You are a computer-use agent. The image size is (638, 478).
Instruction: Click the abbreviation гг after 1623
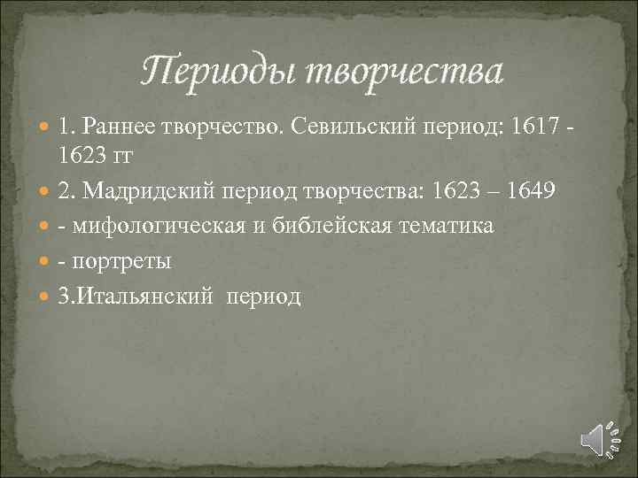click(128, 157)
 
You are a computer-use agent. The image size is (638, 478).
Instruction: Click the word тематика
click(453, 227)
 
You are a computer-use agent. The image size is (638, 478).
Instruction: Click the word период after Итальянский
click(265, 297)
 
